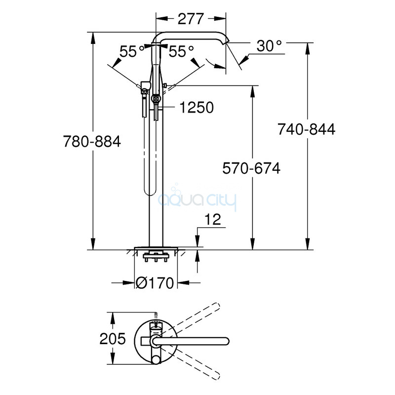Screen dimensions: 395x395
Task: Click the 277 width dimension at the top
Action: click(191, 19)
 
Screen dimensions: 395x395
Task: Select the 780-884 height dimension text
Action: click(92, 141)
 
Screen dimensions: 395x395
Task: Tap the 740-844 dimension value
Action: click(307, 129)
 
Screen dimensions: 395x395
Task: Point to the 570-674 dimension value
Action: click(251, 168)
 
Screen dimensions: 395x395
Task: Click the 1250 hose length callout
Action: click(197, 107)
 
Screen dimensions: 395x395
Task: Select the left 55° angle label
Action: click(131, 51)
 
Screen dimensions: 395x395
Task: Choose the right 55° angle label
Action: click(181, 51)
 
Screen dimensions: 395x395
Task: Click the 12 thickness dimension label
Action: click(213, 219)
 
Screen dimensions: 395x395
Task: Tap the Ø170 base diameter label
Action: click(155, 283)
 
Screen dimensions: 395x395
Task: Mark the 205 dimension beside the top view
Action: click(113, 339)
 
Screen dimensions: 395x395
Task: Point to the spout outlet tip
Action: click(226, 42)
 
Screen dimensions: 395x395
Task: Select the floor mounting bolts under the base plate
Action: click(156, 257)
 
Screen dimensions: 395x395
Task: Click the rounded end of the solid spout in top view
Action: click(226, 341)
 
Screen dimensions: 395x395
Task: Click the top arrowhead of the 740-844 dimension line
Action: click(307, 48)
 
